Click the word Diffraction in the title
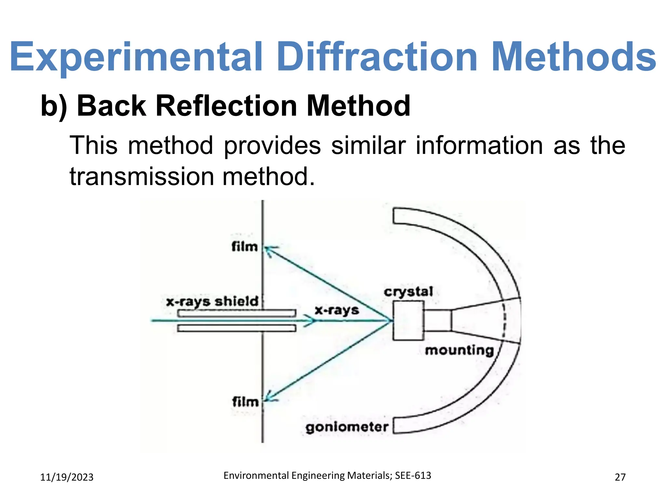pos(377,57)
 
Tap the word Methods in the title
pos(574,57)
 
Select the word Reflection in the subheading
pos(226,106)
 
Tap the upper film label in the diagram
pos(245,247)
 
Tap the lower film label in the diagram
pos(245,402)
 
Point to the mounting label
pos(459,351)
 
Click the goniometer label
pos(347,427)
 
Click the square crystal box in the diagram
pos(408,321)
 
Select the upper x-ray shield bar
pos(236,313)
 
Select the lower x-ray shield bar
pos(236,328)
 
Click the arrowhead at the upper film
pos(269,250)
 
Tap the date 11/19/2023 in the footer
pos(67,477)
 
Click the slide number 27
pos(620,477)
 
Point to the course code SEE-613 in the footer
pos(413,476)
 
